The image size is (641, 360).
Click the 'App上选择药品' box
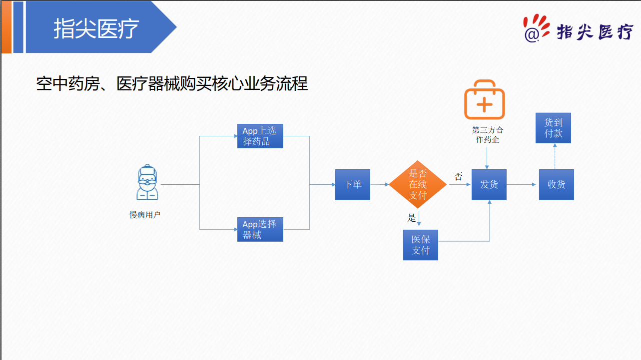tap(260, 136)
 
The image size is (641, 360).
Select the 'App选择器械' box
tap(260, 230)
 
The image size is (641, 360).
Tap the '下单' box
tap(352, 185)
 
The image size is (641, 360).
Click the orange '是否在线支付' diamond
tap(418, 185)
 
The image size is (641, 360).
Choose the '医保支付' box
tap(420, 245)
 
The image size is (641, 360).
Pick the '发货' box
tap(489, 185)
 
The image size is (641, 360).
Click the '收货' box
tap(556, 185)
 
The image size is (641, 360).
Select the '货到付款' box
tap(553, 128)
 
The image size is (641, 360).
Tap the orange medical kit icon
tap(484, 100)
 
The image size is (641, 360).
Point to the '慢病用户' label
tap(145, 215)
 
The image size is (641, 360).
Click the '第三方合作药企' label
tap(488, 135)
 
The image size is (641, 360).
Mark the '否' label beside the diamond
tap(458, 177)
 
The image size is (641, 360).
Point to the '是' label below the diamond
tap(412, 217)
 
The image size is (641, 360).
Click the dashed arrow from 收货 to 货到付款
tap(555, 156)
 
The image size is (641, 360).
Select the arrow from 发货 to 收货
tap(522, 185)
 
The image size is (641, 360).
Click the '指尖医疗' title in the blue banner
tap(96, 28)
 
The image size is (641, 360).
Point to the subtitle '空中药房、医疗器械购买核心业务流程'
tap(172, 83)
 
